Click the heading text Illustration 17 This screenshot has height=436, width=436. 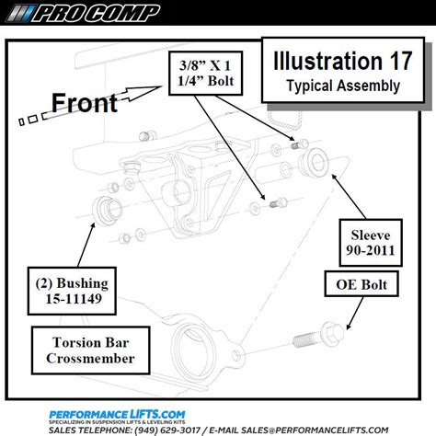[329, 63]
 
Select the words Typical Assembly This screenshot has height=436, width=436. [329, 86]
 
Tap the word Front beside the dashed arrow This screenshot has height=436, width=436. [83, 101]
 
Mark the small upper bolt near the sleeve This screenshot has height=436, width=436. [295, 143]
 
